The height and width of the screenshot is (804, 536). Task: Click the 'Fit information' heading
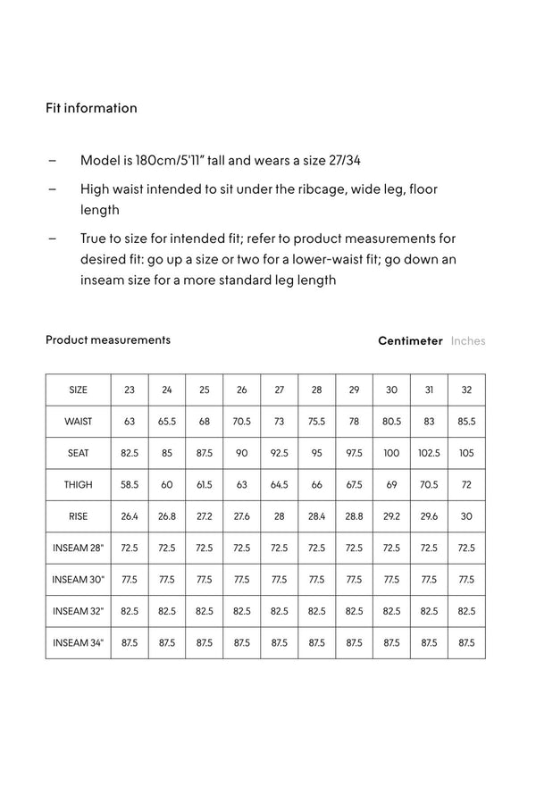click(91, 108)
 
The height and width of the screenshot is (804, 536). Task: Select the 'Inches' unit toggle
click(468, 340)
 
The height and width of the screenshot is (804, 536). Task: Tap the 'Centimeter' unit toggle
click(410, 340)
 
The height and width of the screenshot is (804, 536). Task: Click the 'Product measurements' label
click(107, 339)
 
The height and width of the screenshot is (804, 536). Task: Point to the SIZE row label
click(79, 390)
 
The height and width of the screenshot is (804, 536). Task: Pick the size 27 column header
click(280, 390)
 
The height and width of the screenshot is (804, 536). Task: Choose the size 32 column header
click(466, 390)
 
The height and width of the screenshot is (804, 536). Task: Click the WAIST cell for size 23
click(130, 422)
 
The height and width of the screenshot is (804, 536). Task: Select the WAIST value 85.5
click(466, 422)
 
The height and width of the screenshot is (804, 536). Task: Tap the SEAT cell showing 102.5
click(429, 453)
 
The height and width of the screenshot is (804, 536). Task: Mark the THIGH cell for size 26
click(242, 485)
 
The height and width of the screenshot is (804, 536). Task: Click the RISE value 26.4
click(130, 516)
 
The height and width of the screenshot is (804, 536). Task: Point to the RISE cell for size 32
click(466, 516)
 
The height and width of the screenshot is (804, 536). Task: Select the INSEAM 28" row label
click(79, 548)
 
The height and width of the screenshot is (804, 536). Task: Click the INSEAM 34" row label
click(79, 642)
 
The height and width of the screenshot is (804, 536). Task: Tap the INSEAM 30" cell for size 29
click(354, 580)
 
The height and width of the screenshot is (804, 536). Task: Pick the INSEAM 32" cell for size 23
click(130, 611)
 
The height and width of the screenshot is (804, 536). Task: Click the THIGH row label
click(79, 485)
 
